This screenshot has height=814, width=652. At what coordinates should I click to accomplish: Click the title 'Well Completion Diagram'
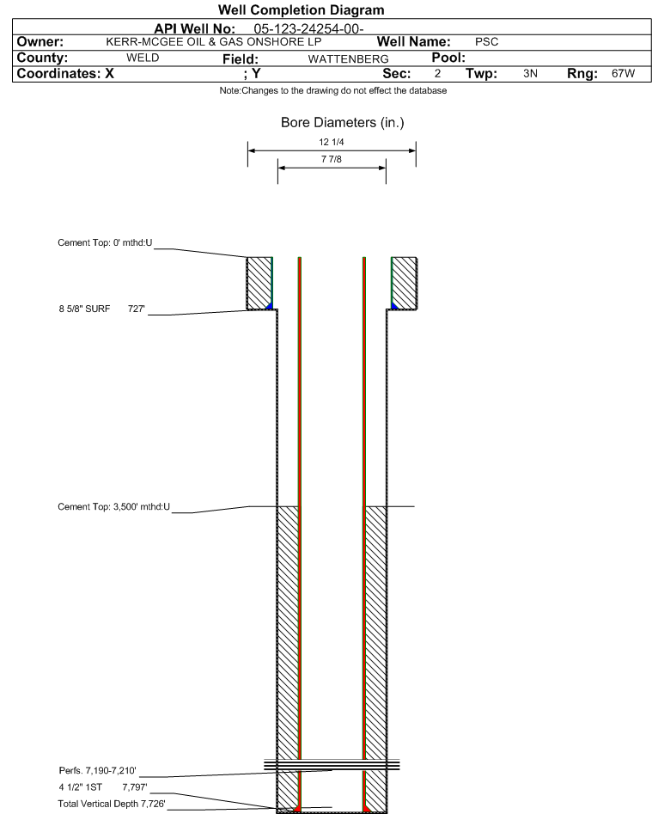click(x=301, y=9)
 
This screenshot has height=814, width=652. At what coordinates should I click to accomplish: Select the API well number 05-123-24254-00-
click(x=308, y=28)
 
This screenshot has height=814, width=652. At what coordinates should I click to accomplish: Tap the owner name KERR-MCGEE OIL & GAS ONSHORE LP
click(x=214, y=42)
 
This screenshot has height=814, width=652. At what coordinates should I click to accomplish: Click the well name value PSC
click(x=486, y=42)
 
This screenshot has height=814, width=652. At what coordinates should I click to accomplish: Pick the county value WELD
click(x=143, y=58)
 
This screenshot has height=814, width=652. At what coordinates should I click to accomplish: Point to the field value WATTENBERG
click(x=348, y=59)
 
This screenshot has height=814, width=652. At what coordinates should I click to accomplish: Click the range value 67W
click(x=623, y=73)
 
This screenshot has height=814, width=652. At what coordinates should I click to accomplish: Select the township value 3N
click(x=530, y=73)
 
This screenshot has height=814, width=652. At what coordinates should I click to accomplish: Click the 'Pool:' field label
click(x=448, y=58)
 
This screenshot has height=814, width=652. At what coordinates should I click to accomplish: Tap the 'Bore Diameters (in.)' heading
click(x=343, y=123)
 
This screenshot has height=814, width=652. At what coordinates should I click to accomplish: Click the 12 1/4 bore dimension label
click(x=332, y=142)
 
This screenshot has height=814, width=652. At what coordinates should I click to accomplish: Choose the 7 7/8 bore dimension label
click(x=332, y=159)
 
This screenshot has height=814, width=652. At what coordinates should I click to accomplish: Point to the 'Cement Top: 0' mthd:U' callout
click(x=105, y=242)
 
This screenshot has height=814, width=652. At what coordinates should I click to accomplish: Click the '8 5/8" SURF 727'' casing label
click(x=101, y=309)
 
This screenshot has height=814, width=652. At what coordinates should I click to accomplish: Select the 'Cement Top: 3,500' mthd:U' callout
click(x=113, y=506)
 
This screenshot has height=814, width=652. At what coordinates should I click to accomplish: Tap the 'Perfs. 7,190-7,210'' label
click(x=98, y=770)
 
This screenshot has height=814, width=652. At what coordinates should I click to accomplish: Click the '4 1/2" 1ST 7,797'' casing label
click(x=103, y=787)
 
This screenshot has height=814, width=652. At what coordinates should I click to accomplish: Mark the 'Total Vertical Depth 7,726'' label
click(x=112, y=804)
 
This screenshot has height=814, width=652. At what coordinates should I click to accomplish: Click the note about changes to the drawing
click(x=333, y=90)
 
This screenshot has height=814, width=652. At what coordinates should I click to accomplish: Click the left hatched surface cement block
click(x=259, y=284)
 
